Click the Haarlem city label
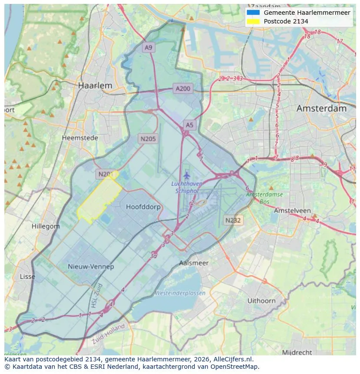[95, 86]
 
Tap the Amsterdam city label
[321, 109]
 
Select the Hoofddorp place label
[143, 207]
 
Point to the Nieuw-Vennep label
[91, 266]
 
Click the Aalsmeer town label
[193, 263]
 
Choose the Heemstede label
[80, 138]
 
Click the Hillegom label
[46, 226]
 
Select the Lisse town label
[27, 276]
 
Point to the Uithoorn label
[261, 301]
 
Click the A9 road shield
[149, 48]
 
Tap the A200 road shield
[183, 89]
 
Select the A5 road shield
[190, 125]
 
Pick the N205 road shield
[148, 139]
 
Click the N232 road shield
[233, 220]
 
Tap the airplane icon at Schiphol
[187, 175]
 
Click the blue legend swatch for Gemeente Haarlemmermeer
[253, 13]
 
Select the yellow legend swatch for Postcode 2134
[253, 21]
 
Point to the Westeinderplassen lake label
[180, 293]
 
